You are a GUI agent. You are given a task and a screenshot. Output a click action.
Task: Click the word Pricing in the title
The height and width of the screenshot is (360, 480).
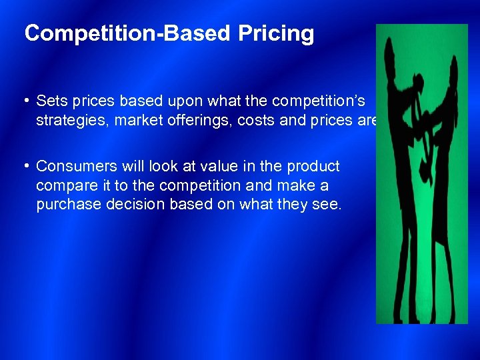(x=280, y=34)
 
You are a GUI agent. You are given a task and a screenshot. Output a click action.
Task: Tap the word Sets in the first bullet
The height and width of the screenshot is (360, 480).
(x=50, y=101)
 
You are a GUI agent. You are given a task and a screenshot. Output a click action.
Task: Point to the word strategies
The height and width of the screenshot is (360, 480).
(x=69, y=120)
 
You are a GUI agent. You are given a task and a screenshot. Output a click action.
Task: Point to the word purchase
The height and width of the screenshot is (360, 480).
(x=69, y=205)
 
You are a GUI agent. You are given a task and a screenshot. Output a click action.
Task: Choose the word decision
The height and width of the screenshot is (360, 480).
(x=137, y=205)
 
